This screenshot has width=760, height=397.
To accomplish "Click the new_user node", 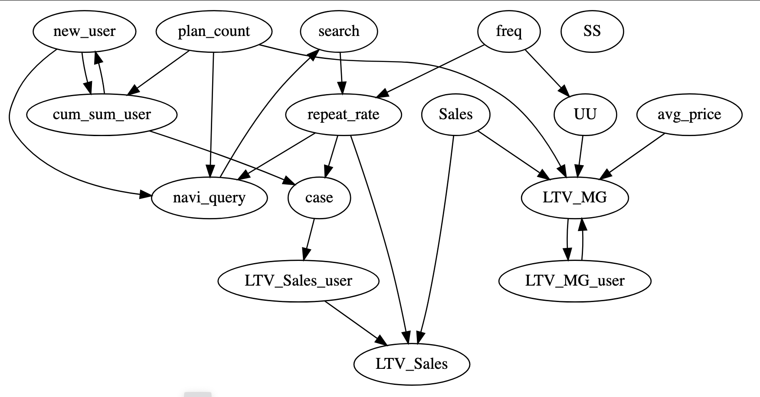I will [x=84, y=31].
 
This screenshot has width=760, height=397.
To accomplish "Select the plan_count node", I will [x=214, y=31].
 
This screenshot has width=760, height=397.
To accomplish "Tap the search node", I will [x=339, y=31].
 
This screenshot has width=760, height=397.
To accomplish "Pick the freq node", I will [x=509, y=31].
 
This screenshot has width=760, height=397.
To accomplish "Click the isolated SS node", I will [x=592, y=31].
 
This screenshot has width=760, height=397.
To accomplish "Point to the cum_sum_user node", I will [x=102, y=114].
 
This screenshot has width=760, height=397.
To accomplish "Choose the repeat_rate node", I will [x=343, y=114].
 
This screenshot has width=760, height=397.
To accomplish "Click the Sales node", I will [x=455, y=114].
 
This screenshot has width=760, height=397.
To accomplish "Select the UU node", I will [x=585, y=114].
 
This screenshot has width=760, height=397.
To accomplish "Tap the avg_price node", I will [x=689, y=114].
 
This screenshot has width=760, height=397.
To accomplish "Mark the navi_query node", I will [x=209, y=198].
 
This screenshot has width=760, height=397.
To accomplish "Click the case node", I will [x=319, y=198].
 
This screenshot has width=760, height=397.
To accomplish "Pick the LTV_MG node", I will [x=575, y=198].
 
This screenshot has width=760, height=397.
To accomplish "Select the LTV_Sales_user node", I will [x=298, y=281].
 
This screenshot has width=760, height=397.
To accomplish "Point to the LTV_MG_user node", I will [x=575, y=281].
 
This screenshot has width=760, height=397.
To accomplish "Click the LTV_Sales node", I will [x=412, y=364].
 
